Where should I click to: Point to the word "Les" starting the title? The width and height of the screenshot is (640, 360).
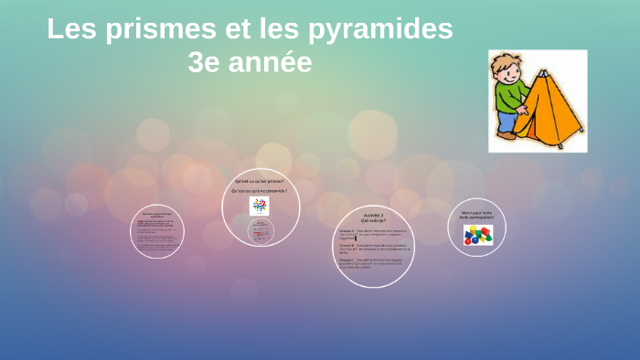(x=71, y=30)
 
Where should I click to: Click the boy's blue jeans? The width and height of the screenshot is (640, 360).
(x=507, y=122)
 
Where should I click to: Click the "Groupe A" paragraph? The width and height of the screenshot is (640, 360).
(x=375, y=235)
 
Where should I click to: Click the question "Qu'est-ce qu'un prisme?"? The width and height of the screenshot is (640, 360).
(x=261, y=181)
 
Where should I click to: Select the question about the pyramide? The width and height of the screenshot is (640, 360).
(x=261, y=190)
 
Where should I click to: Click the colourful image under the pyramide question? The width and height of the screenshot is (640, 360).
(x=260, y=206)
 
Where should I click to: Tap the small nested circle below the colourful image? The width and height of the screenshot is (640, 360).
(x=261, y=230)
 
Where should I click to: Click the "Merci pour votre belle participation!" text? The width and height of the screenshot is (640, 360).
(x=477, y=216)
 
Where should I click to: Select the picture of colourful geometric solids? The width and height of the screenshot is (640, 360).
(x=477, y=236)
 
